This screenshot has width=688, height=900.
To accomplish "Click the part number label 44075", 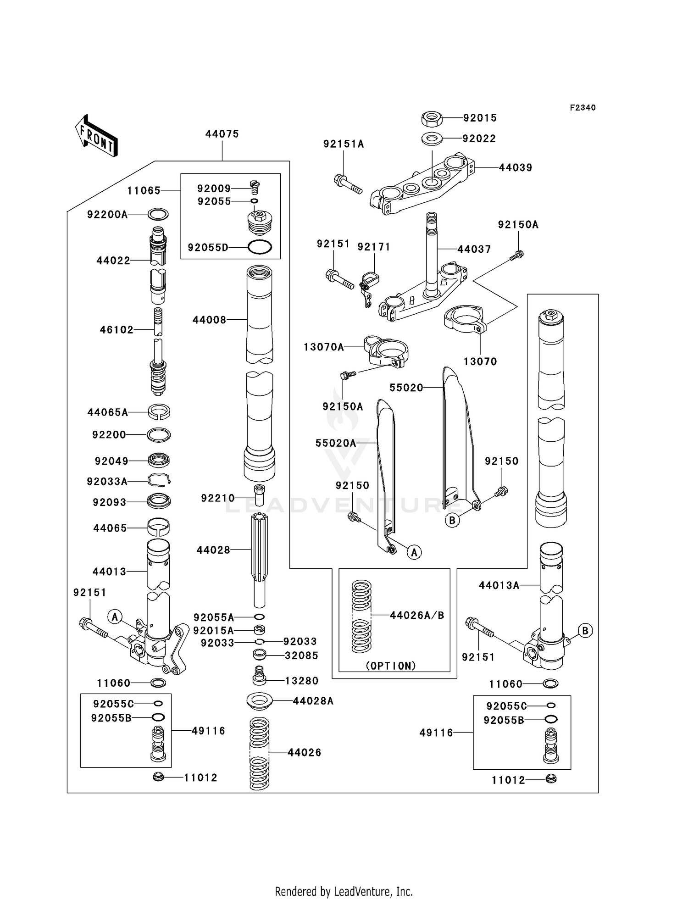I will pos(222,134).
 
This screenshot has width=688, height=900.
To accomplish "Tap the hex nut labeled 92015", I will pos(431,119).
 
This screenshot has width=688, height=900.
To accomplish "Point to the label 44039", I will pos(516,167).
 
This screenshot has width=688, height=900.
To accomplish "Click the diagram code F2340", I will pos(583,107).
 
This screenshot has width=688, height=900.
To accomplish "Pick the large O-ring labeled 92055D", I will pos(260,247).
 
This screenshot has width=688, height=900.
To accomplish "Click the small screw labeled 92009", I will pos(255,185).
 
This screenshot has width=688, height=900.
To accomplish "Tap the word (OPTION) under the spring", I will pos(391,666).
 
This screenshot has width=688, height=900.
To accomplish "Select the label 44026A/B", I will pos(417,615).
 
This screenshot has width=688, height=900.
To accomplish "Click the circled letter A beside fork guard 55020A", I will pos(414,552).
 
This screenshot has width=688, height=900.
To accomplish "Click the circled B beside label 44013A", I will pos(585,631).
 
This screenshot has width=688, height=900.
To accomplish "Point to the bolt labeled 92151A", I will pos(349,184).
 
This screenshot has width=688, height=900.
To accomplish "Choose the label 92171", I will pos(374,247).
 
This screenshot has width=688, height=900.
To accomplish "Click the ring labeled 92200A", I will pos(158,214).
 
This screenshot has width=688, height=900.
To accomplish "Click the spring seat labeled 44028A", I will pos(260,700).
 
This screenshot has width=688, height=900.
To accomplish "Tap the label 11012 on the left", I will pos(200,778).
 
